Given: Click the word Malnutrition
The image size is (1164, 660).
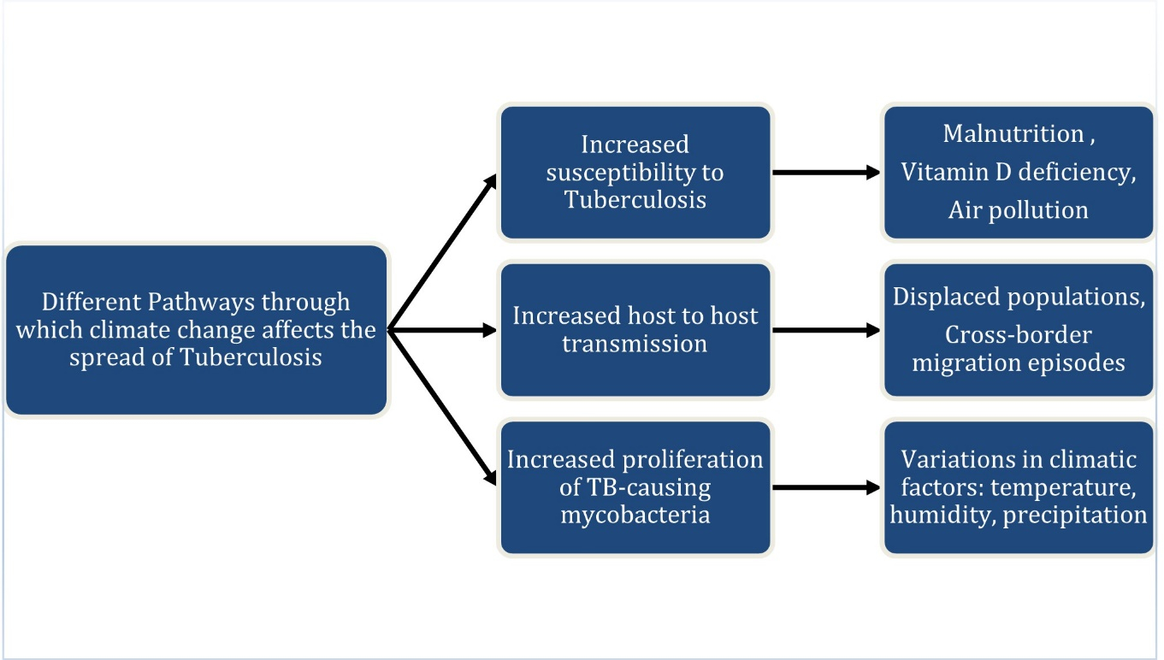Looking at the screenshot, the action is pos(1013,134).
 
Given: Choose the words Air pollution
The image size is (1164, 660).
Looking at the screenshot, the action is pos(1018,210).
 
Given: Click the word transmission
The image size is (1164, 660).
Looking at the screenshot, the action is pos(635,344).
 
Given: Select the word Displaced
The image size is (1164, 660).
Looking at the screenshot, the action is pos(936,297).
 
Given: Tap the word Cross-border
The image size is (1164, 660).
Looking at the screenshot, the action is pos(1018,335).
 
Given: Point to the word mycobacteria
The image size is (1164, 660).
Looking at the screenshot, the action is pos(635,516).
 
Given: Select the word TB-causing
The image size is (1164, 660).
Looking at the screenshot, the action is pos(648,487).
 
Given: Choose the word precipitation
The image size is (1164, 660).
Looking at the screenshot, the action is pos(1074,516).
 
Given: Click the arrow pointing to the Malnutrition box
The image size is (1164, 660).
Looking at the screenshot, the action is pos(825,173).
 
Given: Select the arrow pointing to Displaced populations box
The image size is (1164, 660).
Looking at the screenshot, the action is pos(825,330).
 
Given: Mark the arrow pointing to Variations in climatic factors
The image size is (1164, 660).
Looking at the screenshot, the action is pos(825,487).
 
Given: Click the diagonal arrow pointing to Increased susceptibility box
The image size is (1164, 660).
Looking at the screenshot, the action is pos(442,252).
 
